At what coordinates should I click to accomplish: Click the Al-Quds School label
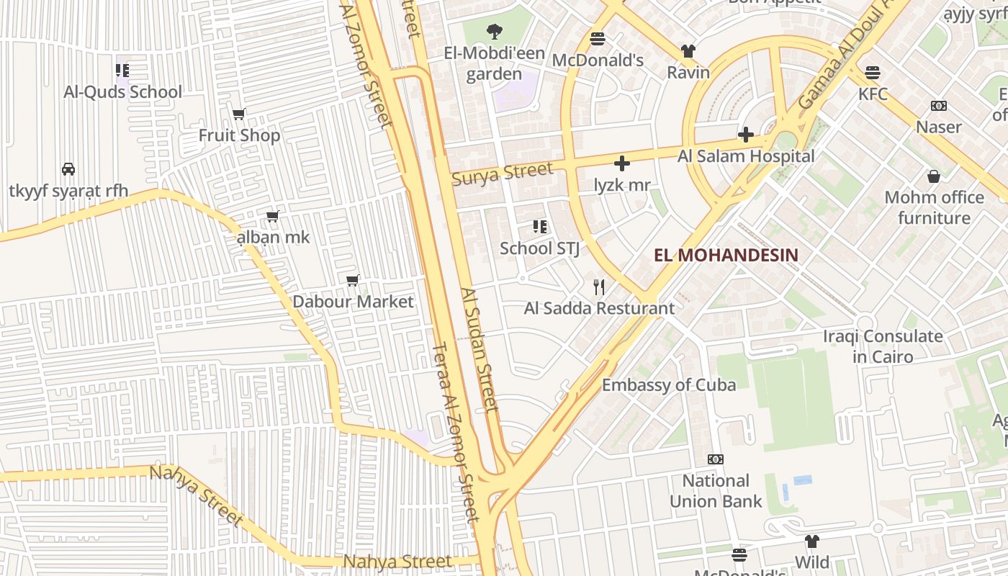(x=122, y=92)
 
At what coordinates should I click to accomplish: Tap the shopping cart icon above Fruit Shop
(x=239, y=114)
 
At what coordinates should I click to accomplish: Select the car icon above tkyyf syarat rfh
(x=68, y=169)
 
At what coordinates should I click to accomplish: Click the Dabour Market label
(x=353, y=302)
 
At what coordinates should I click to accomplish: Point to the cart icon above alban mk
(x=272, y=216)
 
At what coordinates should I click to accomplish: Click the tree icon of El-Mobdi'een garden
(x=494, y=32)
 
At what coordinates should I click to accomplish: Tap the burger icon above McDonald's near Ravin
(x=598, y=39)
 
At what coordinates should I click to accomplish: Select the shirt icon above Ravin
(x=688, y=51)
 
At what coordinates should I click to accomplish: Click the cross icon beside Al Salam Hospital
(x=745, y=135)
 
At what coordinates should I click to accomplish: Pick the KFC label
(x=873, y=94)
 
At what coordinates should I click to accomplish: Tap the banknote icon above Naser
(x=938, y=106)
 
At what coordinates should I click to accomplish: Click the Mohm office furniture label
(x=934, y=207)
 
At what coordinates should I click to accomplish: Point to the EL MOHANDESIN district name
(x=726, y=255)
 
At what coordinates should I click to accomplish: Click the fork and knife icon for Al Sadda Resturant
(x=599, y=287)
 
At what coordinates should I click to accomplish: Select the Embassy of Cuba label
(x=669, y=384)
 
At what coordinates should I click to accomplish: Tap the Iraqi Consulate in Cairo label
(x=882, y=346)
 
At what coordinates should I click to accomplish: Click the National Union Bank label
(x=716, y=491)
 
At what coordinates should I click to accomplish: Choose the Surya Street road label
(x=502, y=174)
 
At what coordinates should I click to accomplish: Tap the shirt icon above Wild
(x=812, y=541)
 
